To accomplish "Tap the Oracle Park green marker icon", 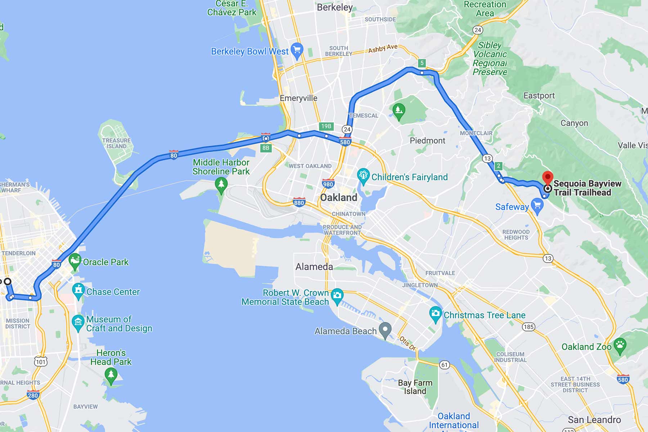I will point(75,261).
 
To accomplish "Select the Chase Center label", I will point(113,292).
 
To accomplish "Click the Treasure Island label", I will point(116,143).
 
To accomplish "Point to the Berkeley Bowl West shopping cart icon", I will point(297,50).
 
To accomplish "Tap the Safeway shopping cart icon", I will point(537,206).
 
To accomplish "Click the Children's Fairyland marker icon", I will point(363,176).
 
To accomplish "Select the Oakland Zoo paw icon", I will point(620,346).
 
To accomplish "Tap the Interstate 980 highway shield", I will point(328,184).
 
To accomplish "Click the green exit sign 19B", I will point(326,126).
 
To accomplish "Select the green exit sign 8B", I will point(266,148).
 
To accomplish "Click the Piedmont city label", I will point(427,140).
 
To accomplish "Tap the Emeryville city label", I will point(298,98).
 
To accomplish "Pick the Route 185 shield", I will point(528,327).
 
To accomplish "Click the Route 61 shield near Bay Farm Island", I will point(445,365).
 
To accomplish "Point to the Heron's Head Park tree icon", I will point(111,376).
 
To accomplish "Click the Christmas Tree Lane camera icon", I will point(436,314).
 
